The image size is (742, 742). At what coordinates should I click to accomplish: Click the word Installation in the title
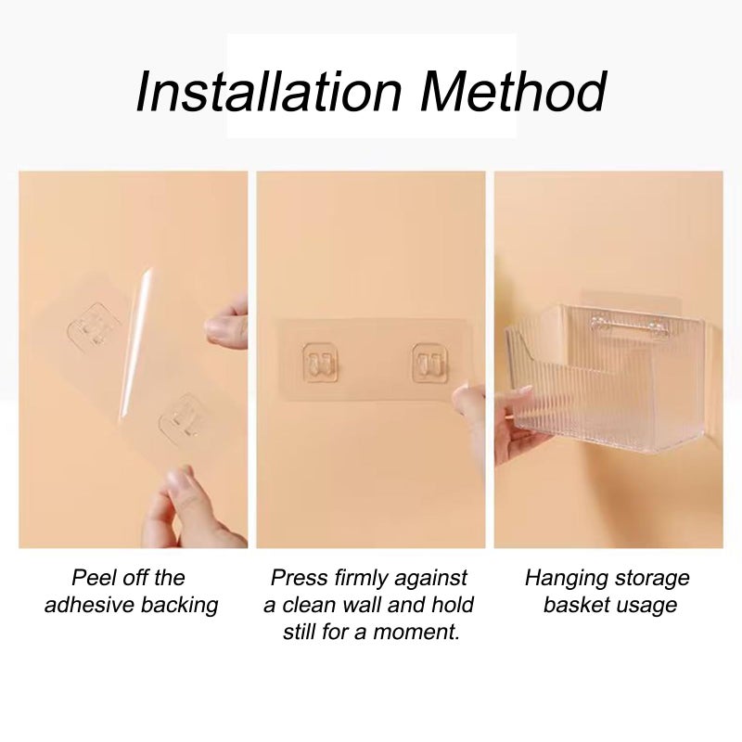pos(269,91)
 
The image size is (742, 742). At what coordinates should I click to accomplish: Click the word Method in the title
pos(513,91)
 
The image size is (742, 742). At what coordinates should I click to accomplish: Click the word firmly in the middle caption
pos(361,579)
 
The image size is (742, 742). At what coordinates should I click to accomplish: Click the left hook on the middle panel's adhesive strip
pos(321,363)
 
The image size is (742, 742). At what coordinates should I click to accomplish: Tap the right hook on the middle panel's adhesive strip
pos(430,363)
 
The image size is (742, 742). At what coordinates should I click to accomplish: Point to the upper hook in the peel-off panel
pos(94,325)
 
